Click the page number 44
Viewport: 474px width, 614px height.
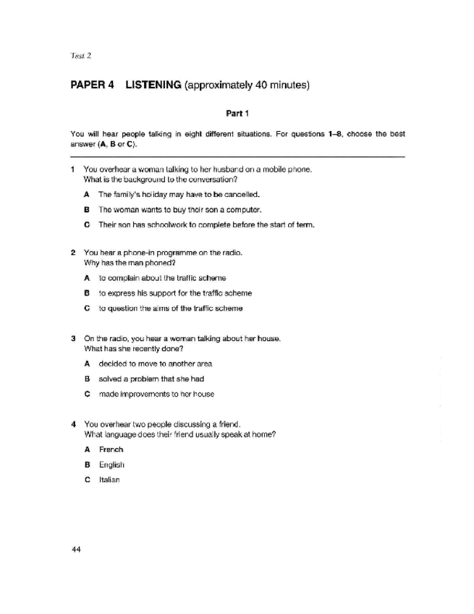pos(75,550)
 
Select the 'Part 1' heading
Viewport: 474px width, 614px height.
pos(237,114)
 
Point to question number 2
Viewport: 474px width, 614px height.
pos(72,253)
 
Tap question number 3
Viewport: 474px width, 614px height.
pos(72,338)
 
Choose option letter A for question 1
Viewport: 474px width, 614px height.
pos(87,195)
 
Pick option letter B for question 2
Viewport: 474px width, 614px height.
pos(87,293)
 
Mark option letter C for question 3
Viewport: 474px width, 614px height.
pos(87,394)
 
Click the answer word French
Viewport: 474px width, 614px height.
pos(111,450)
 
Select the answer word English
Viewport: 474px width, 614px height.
pos(113,464)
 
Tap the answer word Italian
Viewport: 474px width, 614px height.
pos(110,479)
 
